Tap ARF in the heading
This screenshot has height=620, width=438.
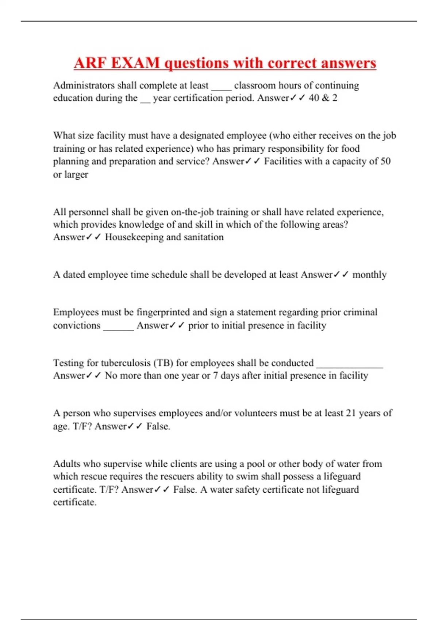tap(90, 63)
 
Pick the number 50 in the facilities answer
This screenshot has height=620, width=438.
tap(385, 161)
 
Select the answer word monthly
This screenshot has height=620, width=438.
tap(369, 275)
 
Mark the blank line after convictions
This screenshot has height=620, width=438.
tap(119, 326)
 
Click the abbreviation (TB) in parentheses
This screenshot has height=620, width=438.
tap(163, 363)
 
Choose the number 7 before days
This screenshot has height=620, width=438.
tap(216, 376)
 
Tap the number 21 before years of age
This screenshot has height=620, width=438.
tap(351, 413)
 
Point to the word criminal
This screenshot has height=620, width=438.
tap(359, 312)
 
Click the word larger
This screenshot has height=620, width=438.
tap(76, 175)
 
